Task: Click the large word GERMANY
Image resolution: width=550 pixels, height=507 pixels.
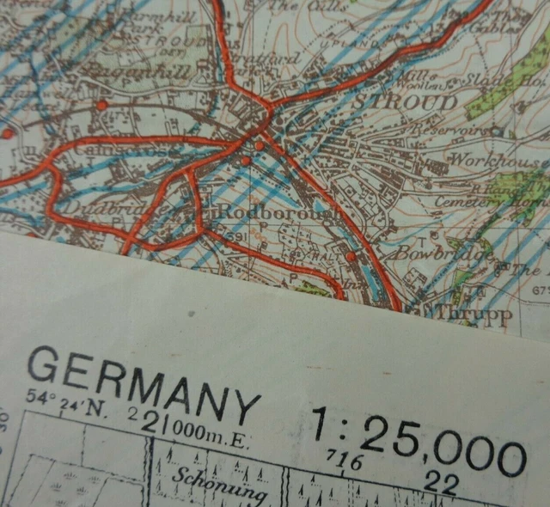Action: [x=142, y=383]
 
